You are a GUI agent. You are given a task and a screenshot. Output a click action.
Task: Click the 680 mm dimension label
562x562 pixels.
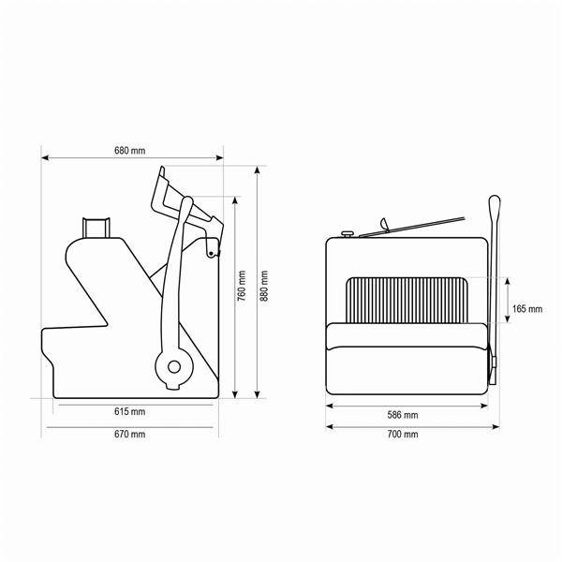pyautogui.click(x=130, y=151)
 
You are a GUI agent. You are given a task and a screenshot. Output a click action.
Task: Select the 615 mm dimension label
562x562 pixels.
pyautogui.click(x=130, y=411)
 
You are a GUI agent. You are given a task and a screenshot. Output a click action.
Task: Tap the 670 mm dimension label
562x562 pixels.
pyautogui.click(x=130, y=434)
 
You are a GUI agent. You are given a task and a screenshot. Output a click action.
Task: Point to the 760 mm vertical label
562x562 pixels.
pyautogui.click(x=242, y=286)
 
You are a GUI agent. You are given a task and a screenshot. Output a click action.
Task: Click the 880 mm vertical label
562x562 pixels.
pyautogui.click(x=264, y=286)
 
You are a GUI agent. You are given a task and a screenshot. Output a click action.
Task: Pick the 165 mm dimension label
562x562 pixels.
pyautogui.click(x=527, y=309)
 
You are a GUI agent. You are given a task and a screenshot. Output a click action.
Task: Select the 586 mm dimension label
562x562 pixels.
pyautogui.click(x=403, y=415)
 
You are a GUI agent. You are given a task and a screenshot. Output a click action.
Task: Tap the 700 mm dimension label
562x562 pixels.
pyautogui.click(x=403, y=434)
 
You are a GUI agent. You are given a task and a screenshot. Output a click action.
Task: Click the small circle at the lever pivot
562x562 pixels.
pyautogui.click(x=174, y=367)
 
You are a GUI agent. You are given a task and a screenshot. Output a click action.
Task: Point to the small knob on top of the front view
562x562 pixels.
pyautogui.click(x=348, y=234)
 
